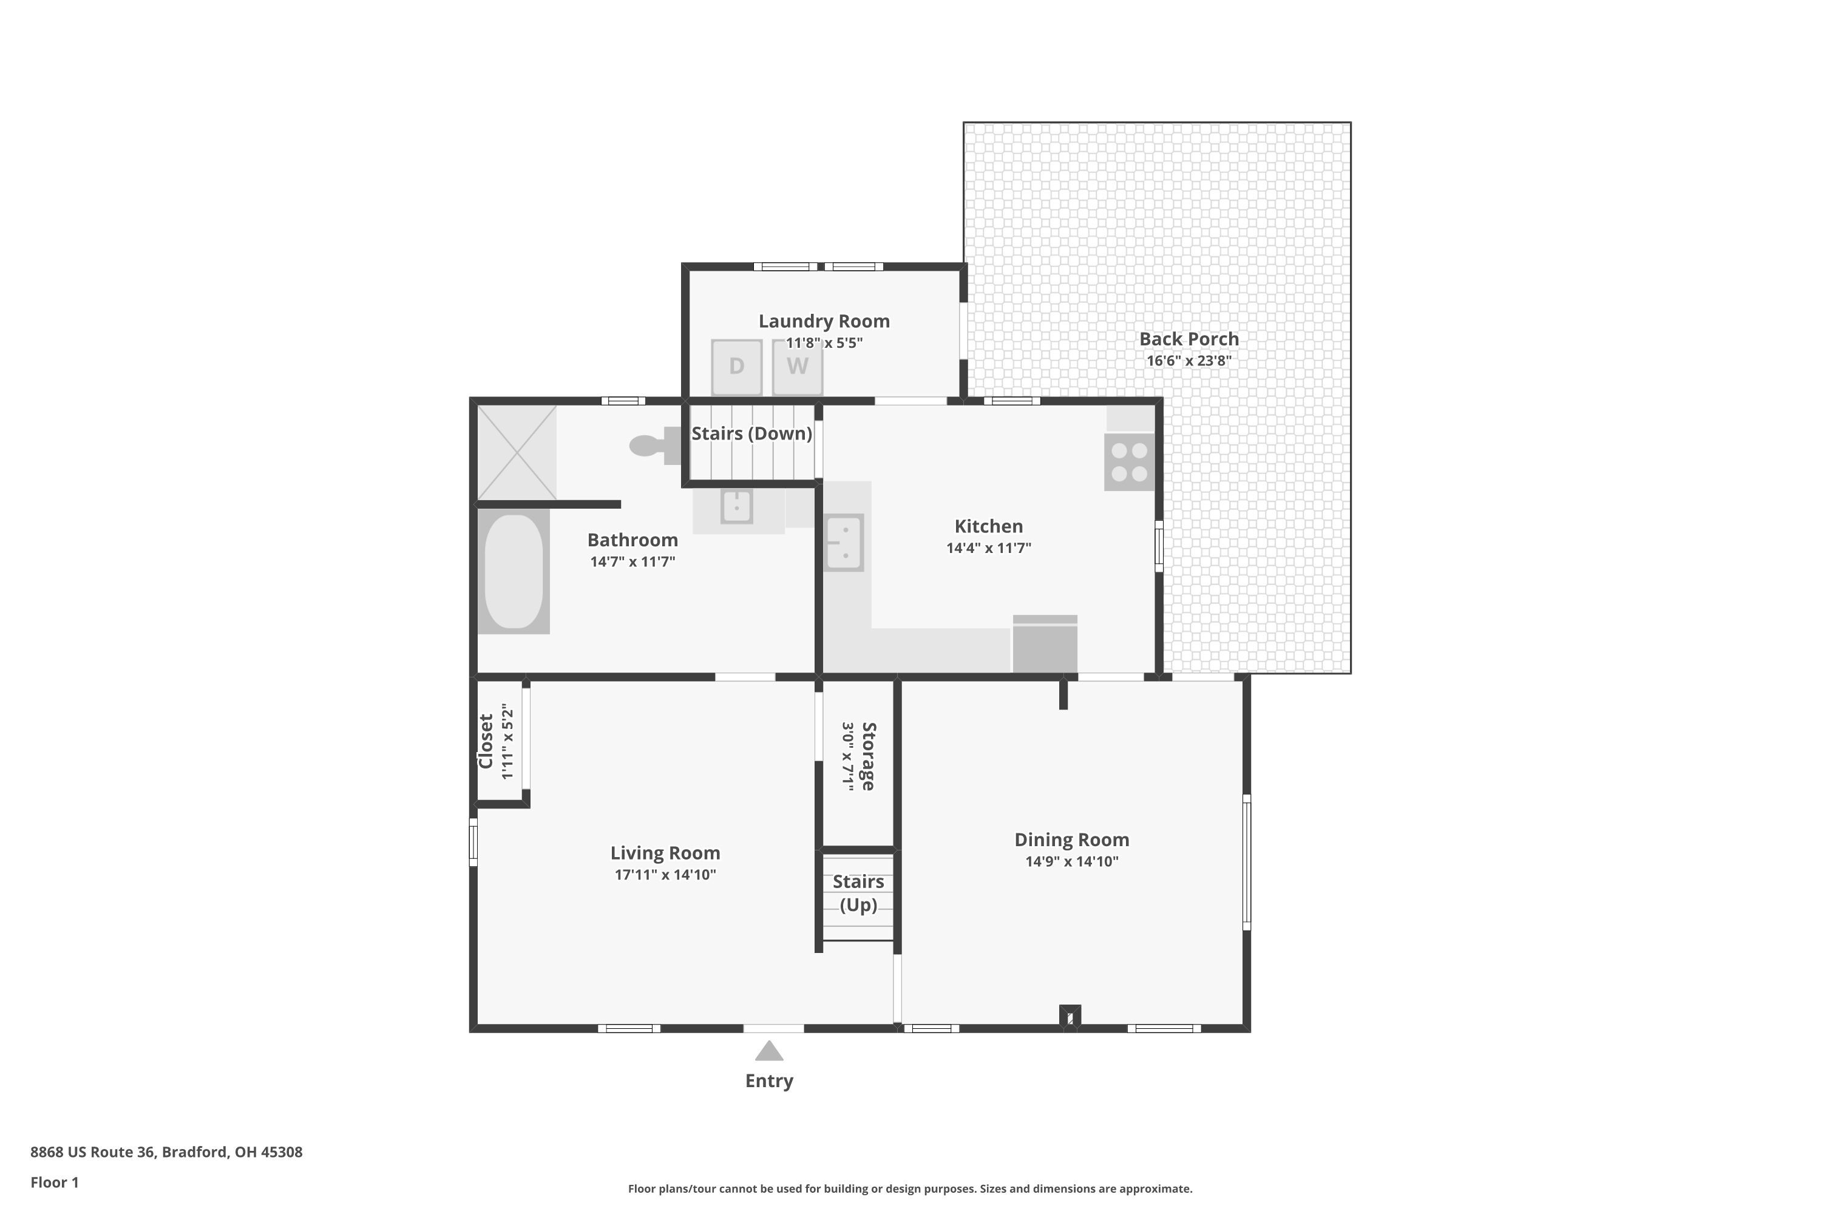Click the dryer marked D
pos(736,367)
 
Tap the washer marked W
pos(798,367)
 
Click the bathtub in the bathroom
pos(514,571)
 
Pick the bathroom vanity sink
pos(736,506)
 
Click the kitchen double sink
pos(844,543)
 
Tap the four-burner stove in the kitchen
pos(1129,462)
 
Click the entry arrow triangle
pos(769,1051)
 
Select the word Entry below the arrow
pos(769,1081)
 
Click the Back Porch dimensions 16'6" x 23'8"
pos(1189,361)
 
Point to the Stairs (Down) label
pos(752,433)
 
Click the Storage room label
pos(869,756)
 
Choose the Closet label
pos(486,741)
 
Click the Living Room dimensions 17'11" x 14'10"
pos(665,875)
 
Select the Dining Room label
pos(1071,839)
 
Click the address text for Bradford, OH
pos(166,1151)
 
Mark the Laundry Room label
pos(824,321)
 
